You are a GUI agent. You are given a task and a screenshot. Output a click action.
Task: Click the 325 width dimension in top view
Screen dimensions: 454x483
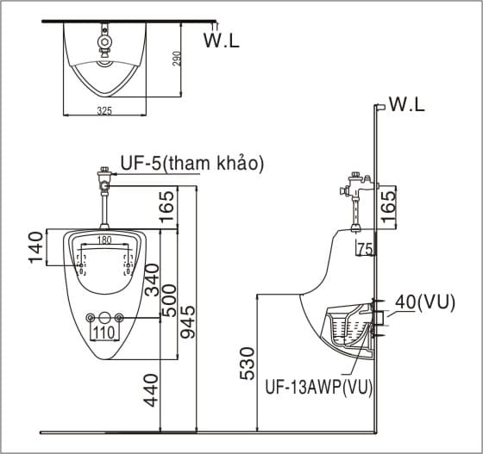click(104, 111)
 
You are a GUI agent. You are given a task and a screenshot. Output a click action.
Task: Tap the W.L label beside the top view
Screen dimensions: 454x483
click(220, 39)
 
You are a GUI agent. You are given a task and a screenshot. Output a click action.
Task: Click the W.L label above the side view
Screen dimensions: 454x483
click(407, 105)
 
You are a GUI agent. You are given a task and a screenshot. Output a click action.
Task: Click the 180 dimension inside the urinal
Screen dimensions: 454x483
click(104, 240)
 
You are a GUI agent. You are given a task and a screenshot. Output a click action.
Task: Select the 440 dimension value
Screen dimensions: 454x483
click(152, 390)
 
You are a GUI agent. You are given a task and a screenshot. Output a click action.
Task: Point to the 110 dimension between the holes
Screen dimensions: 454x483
click(104, 332)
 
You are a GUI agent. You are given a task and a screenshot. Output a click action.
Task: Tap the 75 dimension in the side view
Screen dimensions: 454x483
click(365, 249)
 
